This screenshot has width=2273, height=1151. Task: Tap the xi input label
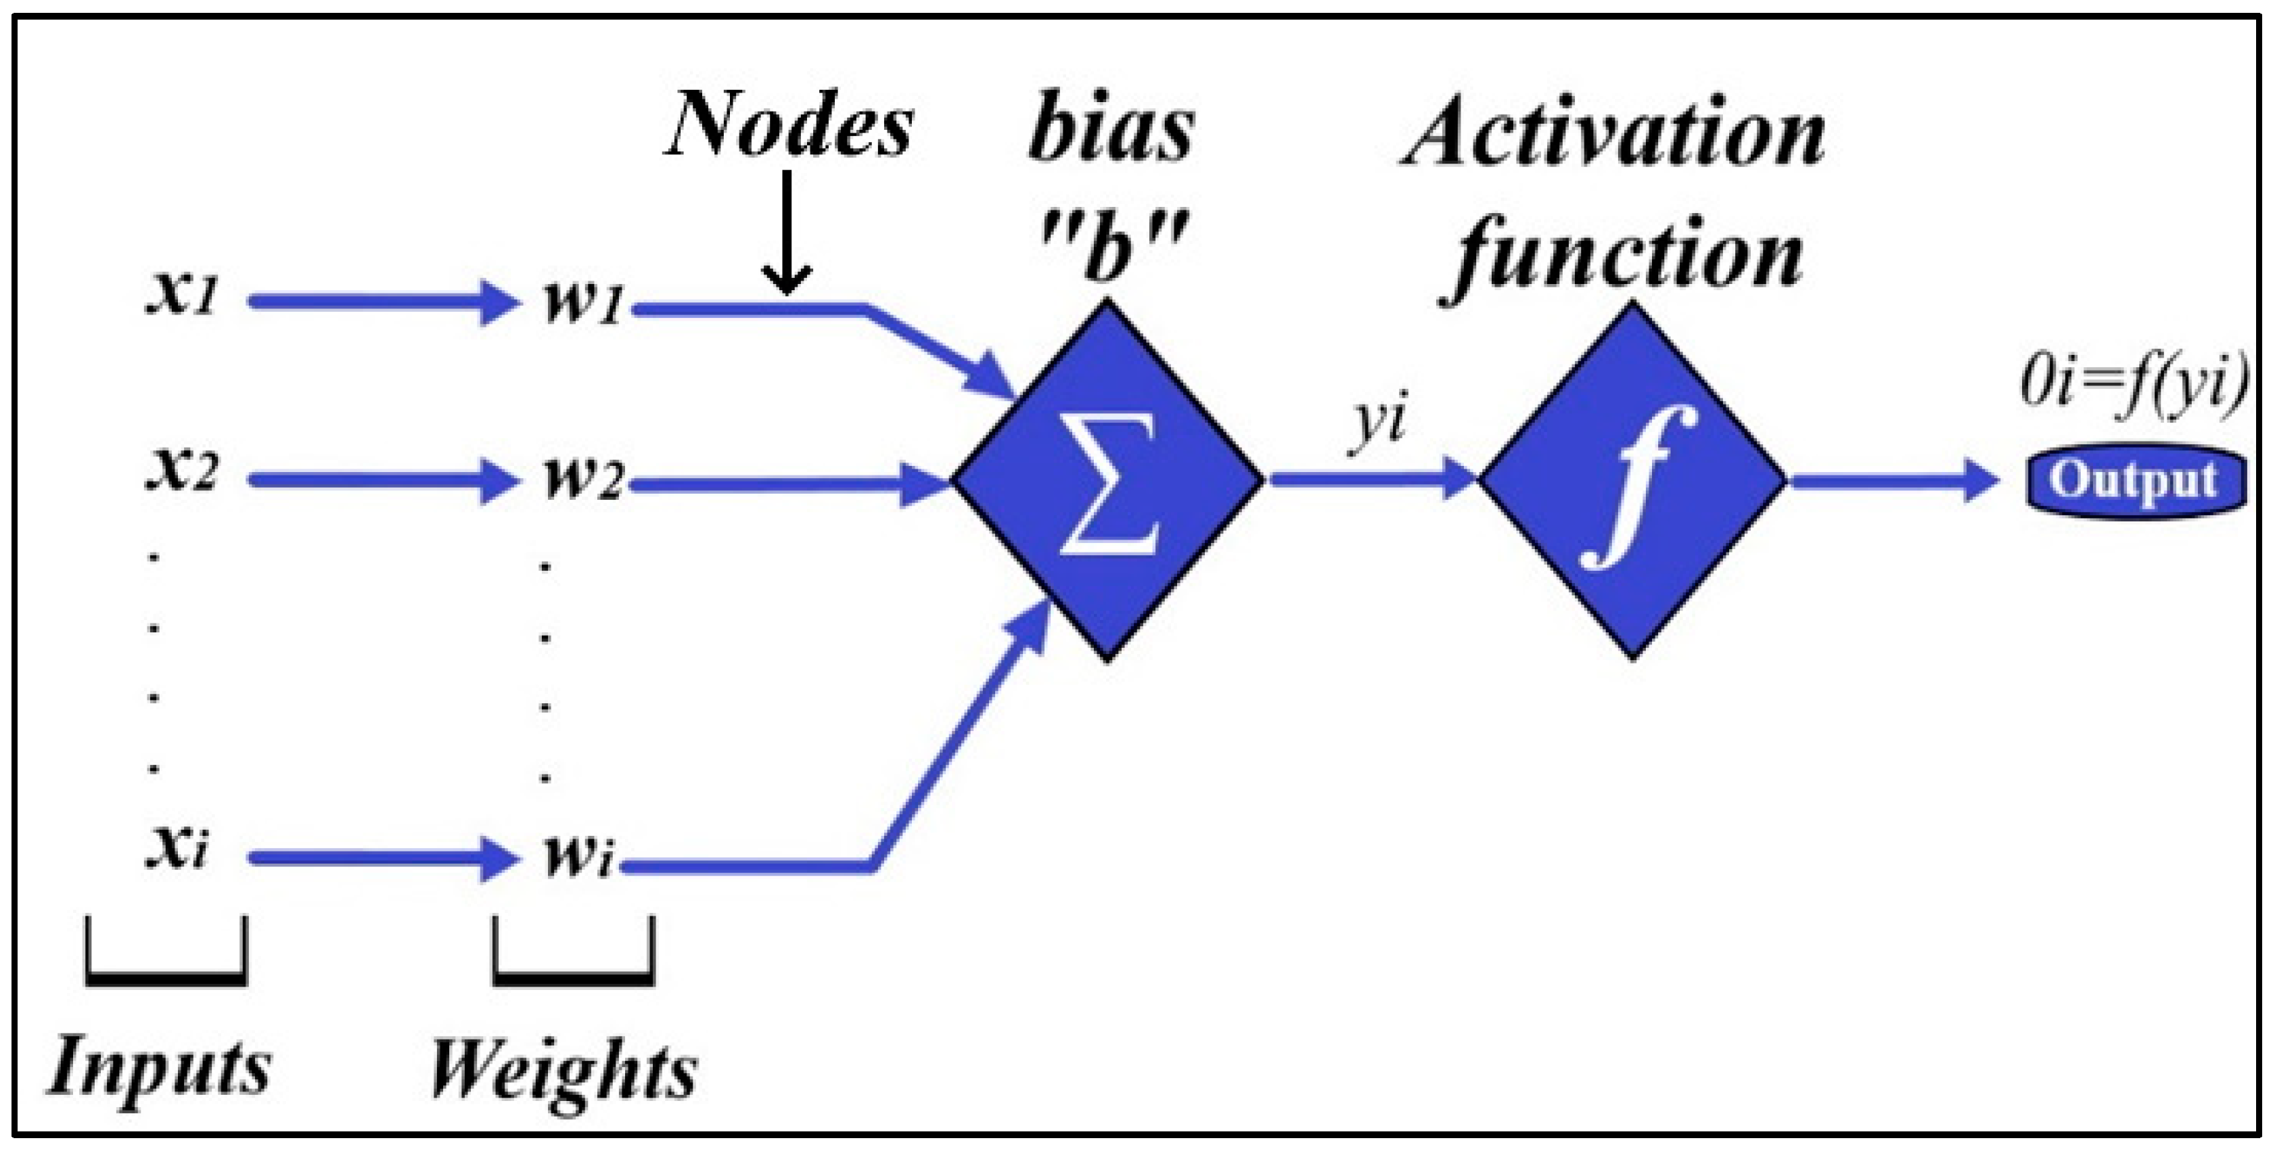(x=177, y=849)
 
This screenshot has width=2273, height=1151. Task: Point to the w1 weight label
(x=582, y=304)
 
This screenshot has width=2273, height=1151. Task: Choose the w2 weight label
(x=582, y=481)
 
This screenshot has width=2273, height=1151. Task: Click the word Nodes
(x=788, y=126)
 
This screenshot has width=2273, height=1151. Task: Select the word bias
(x=1111, y=133)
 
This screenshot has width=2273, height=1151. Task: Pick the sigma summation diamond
(x=1108, y=481)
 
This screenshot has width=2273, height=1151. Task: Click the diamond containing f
(x=1632, y=481)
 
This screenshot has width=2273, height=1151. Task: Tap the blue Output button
(x=2134, y=481)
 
